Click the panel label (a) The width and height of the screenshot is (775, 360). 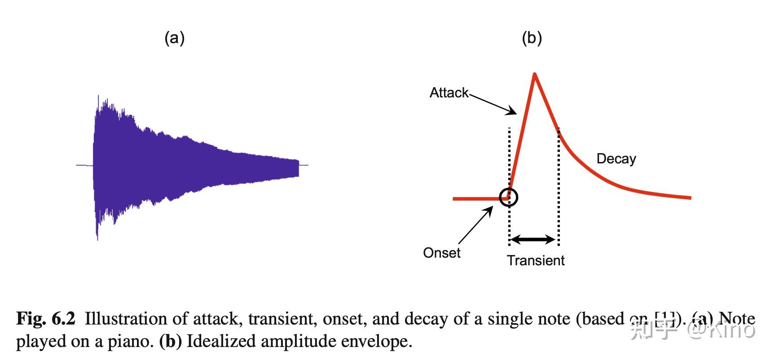(x=174, y=38)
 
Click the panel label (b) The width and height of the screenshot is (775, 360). (x=532, y=38)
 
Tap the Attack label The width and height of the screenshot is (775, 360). (x=449, y=93)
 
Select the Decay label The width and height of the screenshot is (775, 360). (x=616, y=159)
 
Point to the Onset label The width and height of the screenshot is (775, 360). (x=441, y=253)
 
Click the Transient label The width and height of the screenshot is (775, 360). (x=536, y=261)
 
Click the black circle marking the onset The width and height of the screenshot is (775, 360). (x=508, y=197)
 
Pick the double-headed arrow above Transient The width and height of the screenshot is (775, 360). (x=533, y=240)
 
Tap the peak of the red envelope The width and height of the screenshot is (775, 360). (x=534, y=74)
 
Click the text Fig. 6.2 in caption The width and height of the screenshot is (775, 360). (x=46, y=319)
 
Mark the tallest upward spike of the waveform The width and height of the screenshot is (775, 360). (x=98, y=97)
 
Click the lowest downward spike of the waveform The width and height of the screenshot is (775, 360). (x=97, y=239)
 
